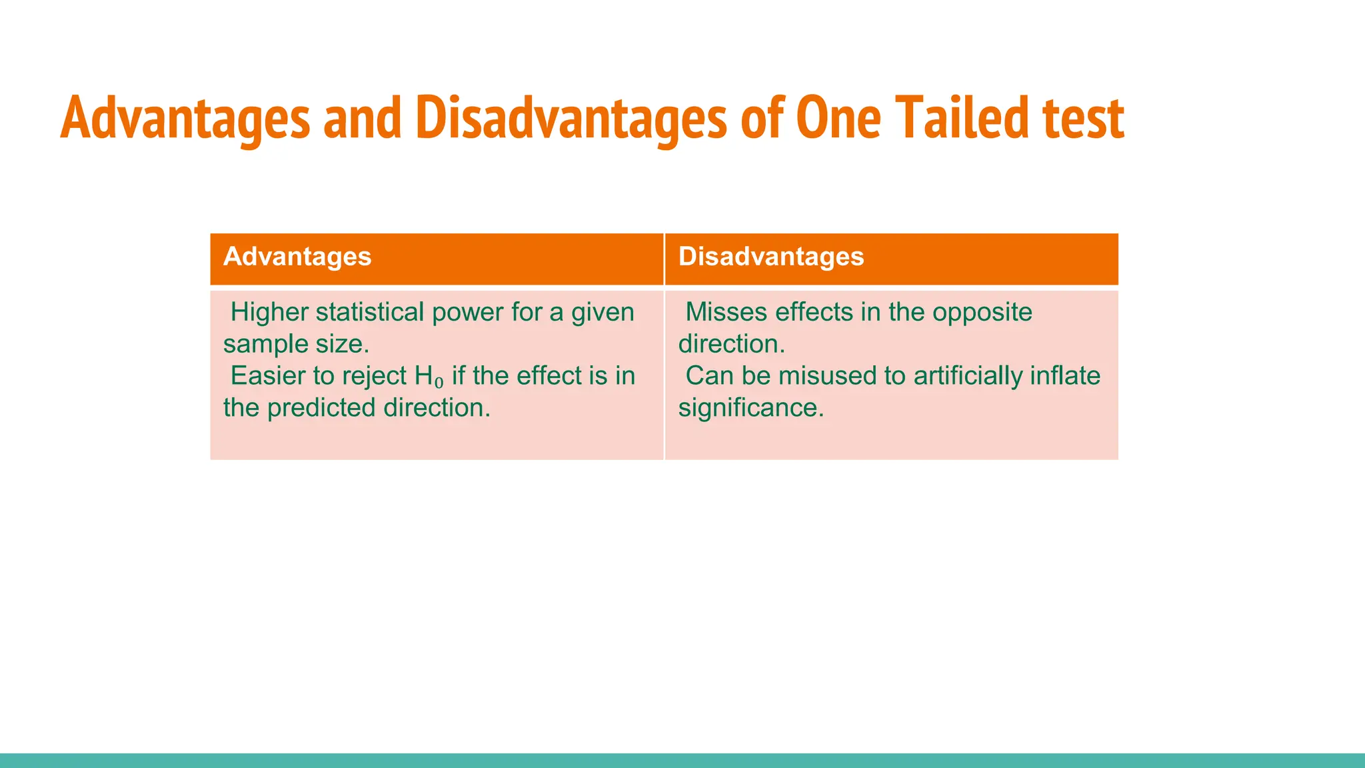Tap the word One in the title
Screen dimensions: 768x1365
pos(838,119)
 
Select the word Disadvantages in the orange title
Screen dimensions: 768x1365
pos(571,119)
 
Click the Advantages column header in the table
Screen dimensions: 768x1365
pos(297,257)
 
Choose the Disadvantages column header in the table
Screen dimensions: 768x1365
pos(771,257)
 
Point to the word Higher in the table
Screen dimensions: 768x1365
pos(269,312)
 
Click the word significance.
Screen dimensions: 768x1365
pos(751,408)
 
